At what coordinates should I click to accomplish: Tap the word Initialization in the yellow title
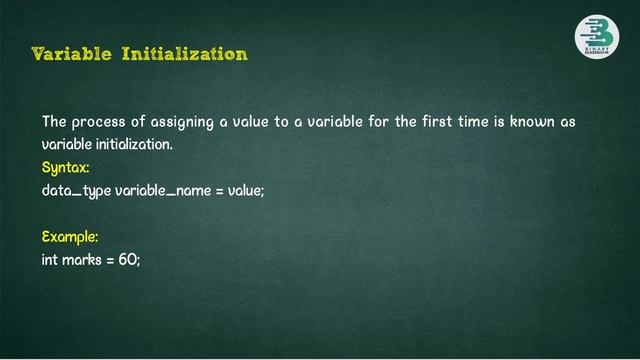pyautogui.click(x=184, y=53)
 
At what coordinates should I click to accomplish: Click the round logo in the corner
pyautogui.click(x=596, y=37)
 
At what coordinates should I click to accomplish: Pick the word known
pyautogui.click(x=536, y=122)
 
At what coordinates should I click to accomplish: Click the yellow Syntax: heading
pyautogui.click(x=66, y=167)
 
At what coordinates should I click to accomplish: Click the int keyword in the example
pyautogui.click(x=50, y=260)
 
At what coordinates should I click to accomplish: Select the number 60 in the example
pyautogui.click(x=130, y=260)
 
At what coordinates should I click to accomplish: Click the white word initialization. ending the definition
pyautogui.click(x=132, y=145)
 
